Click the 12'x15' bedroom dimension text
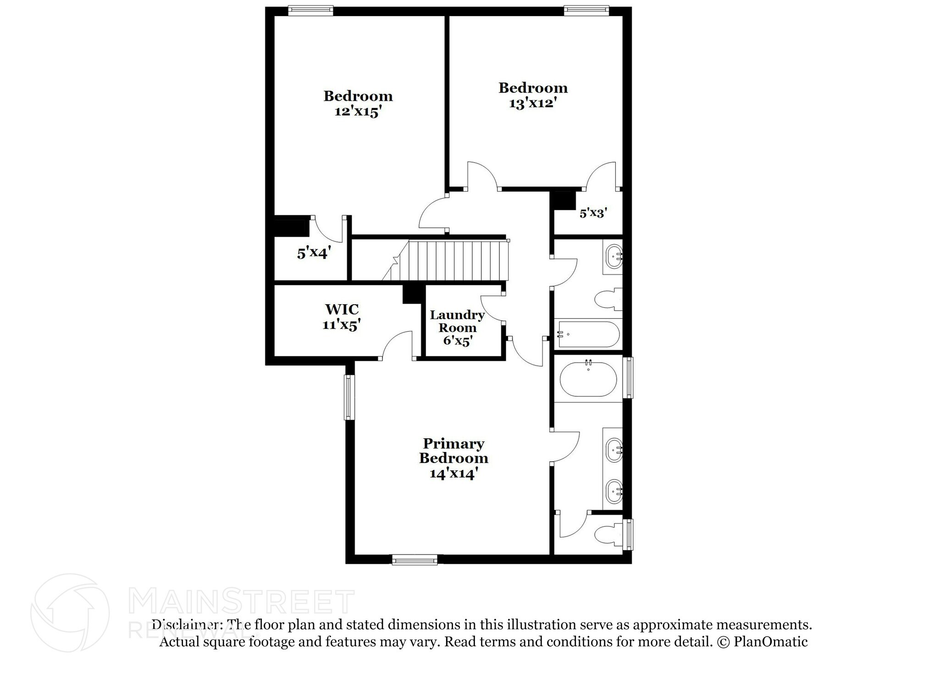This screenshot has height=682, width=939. pos(358,111)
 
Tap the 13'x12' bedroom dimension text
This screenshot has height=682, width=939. pos(533,103)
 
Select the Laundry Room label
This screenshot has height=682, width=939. pos(457,321)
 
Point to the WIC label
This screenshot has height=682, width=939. pos(342,309)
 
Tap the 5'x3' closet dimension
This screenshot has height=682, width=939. pos(593,213)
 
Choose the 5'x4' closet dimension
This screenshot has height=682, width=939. pos(314,253)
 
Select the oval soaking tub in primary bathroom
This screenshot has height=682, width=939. pos(588,379)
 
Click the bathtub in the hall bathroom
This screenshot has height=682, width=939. pos(588,334)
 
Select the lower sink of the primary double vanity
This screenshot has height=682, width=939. pos(614,492)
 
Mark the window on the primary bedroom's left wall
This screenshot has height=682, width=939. pos(349,397)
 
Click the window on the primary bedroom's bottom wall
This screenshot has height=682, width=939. pos(415,559)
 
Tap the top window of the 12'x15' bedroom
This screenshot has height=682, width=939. pos(310,11)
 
